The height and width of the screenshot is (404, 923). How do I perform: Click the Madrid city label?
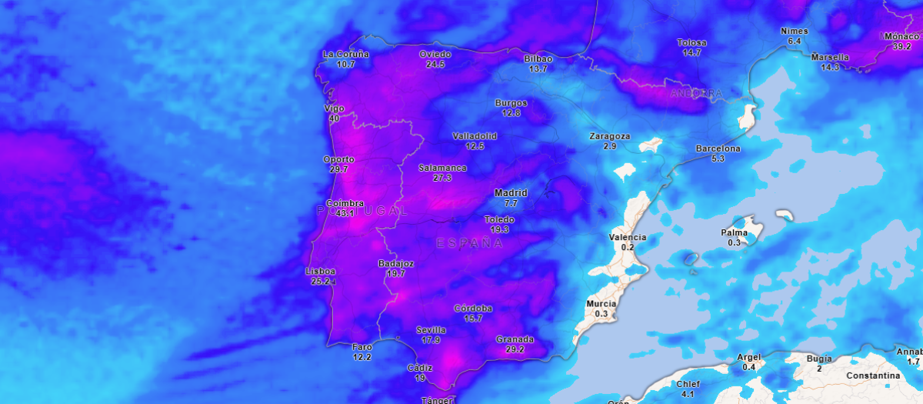click(x=511, y=192)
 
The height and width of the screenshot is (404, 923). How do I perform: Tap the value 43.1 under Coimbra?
click(x=345, y=213)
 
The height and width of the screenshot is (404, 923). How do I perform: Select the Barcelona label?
click(x=718, y=148)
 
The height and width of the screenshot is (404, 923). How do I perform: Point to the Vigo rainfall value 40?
click(x=334, y=119)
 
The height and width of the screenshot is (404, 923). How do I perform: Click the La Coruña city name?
click(x=346, y=54)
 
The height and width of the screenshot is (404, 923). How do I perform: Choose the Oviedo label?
click(x=435, y=54)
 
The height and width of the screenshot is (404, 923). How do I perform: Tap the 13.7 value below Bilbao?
click(x=538, y=68)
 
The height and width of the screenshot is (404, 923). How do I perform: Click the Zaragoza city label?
click(x=610, y=136)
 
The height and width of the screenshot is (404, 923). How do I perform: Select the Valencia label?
click(x=628, y=237)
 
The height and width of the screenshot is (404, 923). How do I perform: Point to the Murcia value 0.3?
click(x=601, y=314)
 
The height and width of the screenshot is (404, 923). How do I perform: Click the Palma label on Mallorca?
click(x=734, y=232)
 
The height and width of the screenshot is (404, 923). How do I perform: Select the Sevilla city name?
click(x=431, y=330)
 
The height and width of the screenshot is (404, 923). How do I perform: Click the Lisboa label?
click(x=321, y=271)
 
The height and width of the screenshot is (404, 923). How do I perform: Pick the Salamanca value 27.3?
click(x=442, y=178)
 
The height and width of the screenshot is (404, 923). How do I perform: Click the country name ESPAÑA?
click(x=469, y=243)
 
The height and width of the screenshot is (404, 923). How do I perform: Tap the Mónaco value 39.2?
click(x=902, y=46)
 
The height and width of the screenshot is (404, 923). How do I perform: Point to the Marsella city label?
click(x=830, y=57)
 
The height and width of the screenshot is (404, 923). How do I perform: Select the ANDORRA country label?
click(x=697, y=93)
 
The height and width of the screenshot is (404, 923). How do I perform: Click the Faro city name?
click(x=362, y=347)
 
